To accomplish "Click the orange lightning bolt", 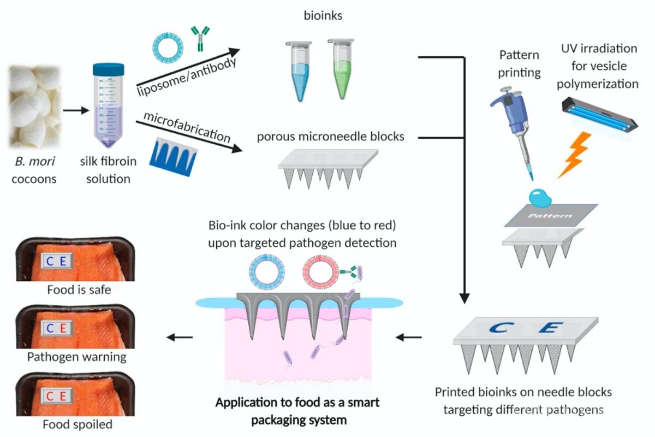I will tap(574, 155).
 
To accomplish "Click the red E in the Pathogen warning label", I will tap(63, 328).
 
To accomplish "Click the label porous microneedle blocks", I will tap(331, 136).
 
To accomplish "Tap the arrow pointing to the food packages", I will tap(180, 337).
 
